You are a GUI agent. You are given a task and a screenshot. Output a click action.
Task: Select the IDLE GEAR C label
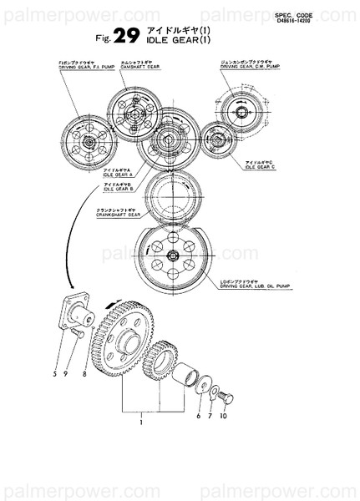tap(260, 162)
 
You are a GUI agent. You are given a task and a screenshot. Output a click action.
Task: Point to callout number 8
tap(85, 375)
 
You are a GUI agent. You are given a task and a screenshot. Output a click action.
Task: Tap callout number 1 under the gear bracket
tap(143, 423)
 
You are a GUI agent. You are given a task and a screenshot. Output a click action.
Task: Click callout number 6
tap(198, 415)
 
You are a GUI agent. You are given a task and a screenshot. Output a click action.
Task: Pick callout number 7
tap(210, 415)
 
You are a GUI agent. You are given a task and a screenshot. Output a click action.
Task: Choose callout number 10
tap(225, 415)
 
